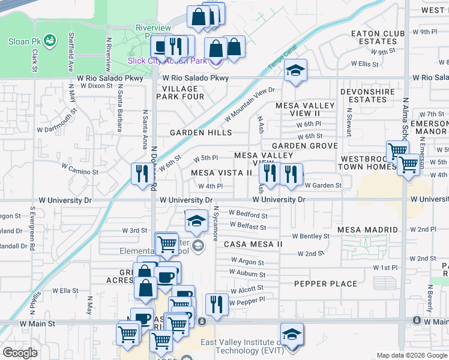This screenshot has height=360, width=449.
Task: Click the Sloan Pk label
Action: [x=23, y=41]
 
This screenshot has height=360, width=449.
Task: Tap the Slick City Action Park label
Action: [x=167, y=61]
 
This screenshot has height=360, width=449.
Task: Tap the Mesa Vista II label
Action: [x=221, y=173]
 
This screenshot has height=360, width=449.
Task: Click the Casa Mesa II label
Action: [x=253, y=244]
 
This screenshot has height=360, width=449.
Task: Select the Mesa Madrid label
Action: [x=367, y=230]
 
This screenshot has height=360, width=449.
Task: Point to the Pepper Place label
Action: [x=325, y=283]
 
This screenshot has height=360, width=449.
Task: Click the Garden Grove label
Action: [x=304, y=146]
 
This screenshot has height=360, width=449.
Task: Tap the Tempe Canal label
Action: [x=278, y=58]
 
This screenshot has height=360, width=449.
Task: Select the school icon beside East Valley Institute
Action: [x=292, y=334]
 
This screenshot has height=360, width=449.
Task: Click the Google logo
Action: [x=20, y=353]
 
